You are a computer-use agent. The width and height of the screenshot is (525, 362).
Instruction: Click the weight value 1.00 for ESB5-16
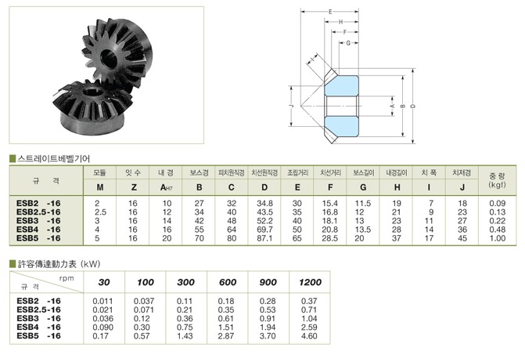(x=497, y=238)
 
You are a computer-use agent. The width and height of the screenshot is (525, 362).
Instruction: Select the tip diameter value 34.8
(x=264, y=204)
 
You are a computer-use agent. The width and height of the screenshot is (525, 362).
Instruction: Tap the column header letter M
(x=100, y=187)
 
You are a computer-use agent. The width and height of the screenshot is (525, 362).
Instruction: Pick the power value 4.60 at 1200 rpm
(x=309, y=336)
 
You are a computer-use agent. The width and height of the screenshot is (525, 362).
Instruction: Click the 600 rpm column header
(x=228, y=282)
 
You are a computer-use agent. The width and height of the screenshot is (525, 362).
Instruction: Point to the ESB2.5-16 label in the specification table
(x=38, y=212)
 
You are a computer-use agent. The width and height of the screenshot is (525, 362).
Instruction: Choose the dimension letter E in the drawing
(x=330, y=12)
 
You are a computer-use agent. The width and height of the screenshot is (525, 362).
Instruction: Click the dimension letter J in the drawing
(x=292, y=106)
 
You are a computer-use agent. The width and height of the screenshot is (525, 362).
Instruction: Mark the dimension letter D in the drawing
(x=413, y=106)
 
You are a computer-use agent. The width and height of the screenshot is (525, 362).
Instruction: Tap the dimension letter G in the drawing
(x=348, y=43)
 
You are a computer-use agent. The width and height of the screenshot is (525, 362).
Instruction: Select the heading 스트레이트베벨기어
(x=53, y=158)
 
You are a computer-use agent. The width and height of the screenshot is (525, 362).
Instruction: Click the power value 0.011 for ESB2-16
(x=102, y=301)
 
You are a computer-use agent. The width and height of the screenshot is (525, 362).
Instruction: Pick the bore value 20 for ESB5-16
(x=167, y=238)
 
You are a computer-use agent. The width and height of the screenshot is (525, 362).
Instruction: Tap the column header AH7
(x=166, y=187)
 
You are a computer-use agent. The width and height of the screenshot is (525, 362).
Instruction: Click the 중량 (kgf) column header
(x=497, y=180)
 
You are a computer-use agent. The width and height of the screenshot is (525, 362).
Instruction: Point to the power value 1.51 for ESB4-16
(x=225, y=328)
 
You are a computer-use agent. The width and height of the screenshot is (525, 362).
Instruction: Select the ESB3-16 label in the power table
(x=38, y=318)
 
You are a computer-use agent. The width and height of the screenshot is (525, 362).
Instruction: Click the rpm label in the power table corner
(x=67, y=278)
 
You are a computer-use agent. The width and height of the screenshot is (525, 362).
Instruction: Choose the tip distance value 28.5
(x=330, y=238)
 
